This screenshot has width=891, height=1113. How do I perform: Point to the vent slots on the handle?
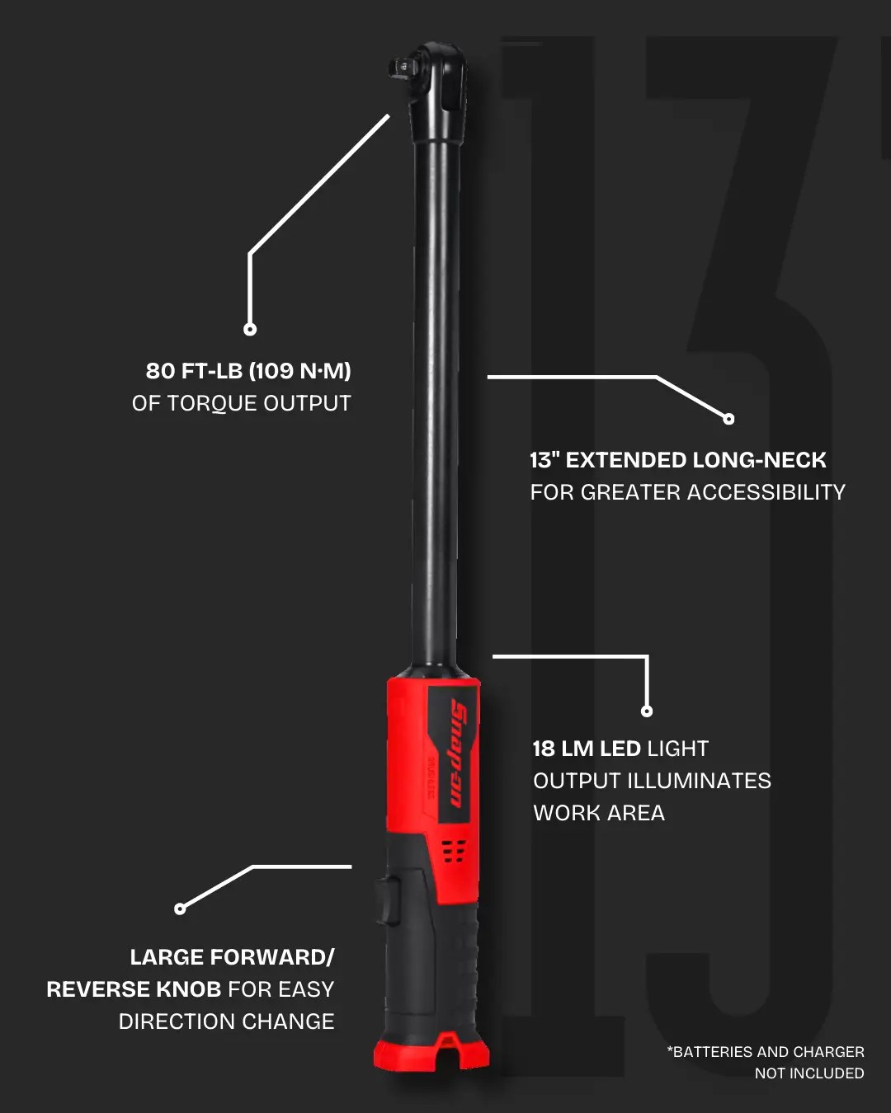tap(454, 851)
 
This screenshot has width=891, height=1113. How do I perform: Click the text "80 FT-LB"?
tap(194, 371)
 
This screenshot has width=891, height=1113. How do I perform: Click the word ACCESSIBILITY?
tap(766, 492)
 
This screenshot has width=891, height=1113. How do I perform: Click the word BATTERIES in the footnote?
tap(711, 1052)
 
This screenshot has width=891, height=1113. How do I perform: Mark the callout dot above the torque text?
tap(250, 329)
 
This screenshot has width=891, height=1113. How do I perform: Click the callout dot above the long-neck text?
tap(728, 419)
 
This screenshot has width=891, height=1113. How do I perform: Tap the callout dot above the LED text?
tap(647, 711)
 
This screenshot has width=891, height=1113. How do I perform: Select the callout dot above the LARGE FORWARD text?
tap(180, 909)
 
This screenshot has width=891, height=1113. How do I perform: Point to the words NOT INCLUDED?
tap(809, 1073)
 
